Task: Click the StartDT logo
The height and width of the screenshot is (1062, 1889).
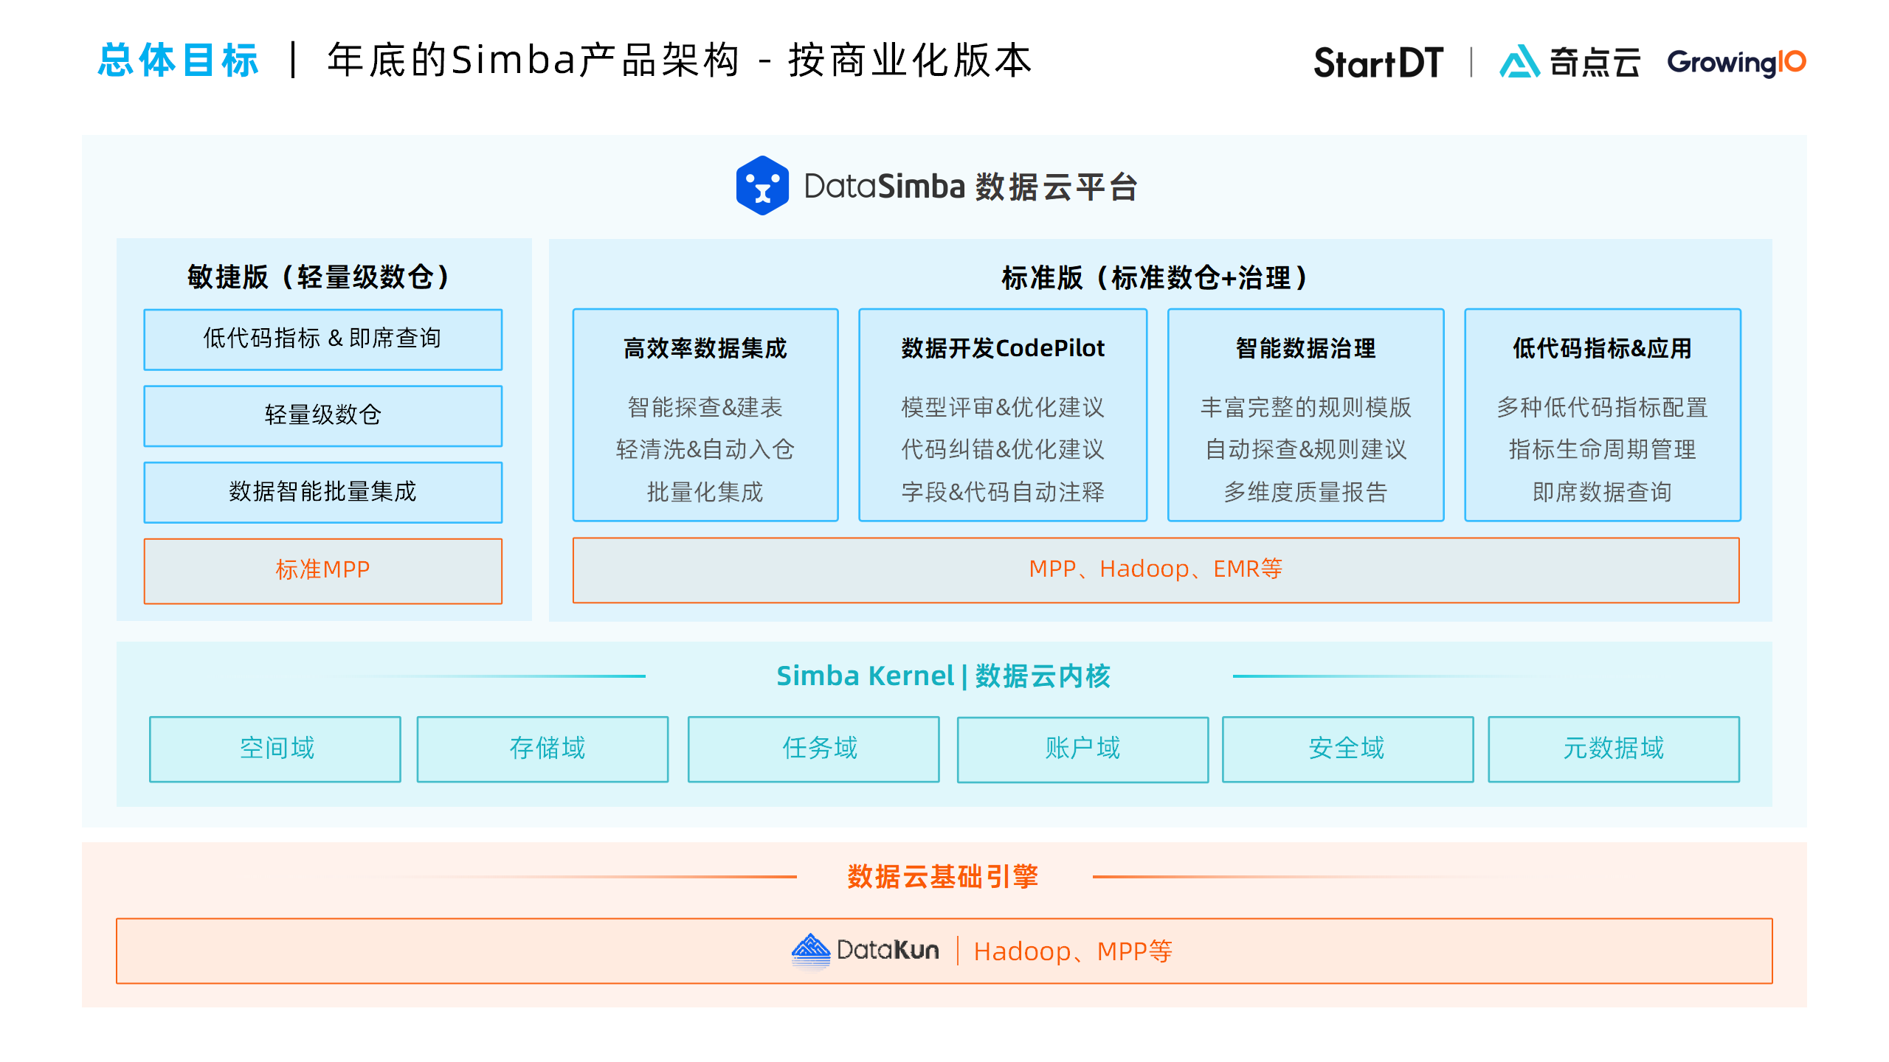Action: (1378, 63)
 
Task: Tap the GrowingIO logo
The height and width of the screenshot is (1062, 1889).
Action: (1736, 63)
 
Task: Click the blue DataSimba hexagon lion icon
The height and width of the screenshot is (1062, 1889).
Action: (762, 186)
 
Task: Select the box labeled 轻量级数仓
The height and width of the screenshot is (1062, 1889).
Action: (322, 415)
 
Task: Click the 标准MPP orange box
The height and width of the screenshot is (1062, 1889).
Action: (322, 570)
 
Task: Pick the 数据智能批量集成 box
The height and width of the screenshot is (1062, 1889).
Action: (322, 492)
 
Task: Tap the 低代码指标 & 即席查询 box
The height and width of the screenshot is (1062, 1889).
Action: (322, 339)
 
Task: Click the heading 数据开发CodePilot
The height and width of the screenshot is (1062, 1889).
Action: (1003, 348)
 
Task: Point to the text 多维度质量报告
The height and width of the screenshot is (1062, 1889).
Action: (1305, 492)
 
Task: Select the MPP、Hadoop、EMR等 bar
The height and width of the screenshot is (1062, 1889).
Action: (1156, 569)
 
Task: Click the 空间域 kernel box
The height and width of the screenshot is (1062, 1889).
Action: (275, 749)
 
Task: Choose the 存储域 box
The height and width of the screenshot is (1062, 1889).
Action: (543, 749)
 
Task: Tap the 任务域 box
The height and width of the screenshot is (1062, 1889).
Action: (814, 749)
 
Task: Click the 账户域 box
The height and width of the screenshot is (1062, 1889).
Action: (1082, 749)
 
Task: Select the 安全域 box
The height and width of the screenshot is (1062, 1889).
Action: (1347, 749)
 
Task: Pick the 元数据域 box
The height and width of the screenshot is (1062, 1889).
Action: (1614, 749)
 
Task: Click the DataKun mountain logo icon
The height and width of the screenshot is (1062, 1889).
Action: (810, 950)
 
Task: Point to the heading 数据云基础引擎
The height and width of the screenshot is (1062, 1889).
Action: (943, 877)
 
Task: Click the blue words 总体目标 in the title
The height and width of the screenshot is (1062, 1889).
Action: (179, 60)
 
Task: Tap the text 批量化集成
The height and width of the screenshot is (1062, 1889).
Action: (705, 492)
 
